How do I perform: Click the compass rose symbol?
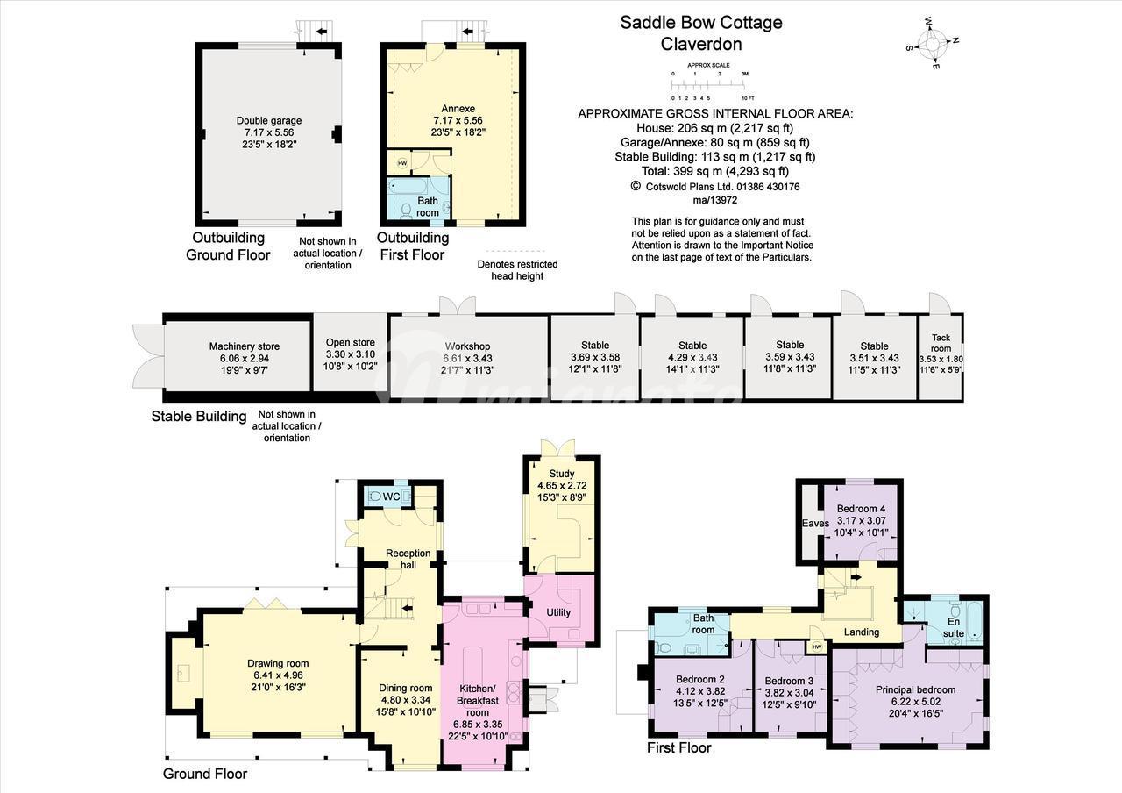point(932,44)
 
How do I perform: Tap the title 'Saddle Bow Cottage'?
point(701,23)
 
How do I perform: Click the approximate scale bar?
point(713,86)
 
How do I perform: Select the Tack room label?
point(941,343)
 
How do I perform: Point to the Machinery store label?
point(245,346)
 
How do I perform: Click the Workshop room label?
point(467,346)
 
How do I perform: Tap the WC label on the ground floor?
point(391,497)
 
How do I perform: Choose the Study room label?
point(562,474)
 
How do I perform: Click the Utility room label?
point(558,612)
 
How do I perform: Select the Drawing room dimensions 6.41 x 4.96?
point(278,675)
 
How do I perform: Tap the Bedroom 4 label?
point(861,509)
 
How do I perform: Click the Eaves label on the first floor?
point(815,524)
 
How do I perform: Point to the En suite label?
point(953,627)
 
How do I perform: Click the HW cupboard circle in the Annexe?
point(402,163)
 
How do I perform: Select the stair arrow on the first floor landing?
point(856,577)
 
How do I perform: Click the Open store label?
point(350,342)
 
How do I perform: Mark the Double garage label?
point(269,121)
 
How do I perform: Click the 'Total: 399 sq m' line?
point(715,171)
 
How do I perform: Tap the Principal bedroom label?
point(915,689)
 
